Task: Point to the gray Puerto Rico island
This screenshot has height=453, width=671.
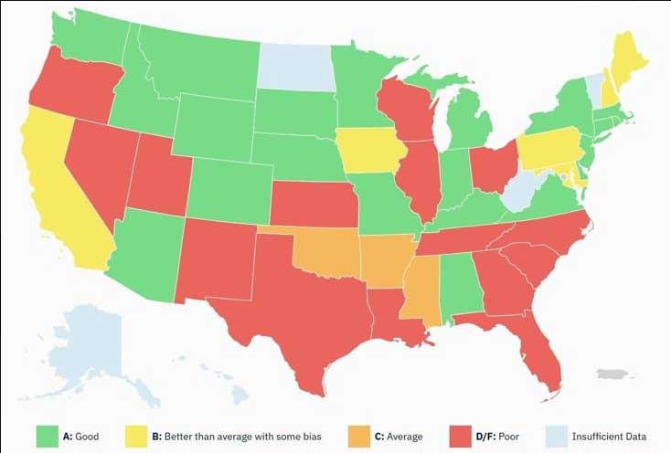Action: [611, 374]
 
